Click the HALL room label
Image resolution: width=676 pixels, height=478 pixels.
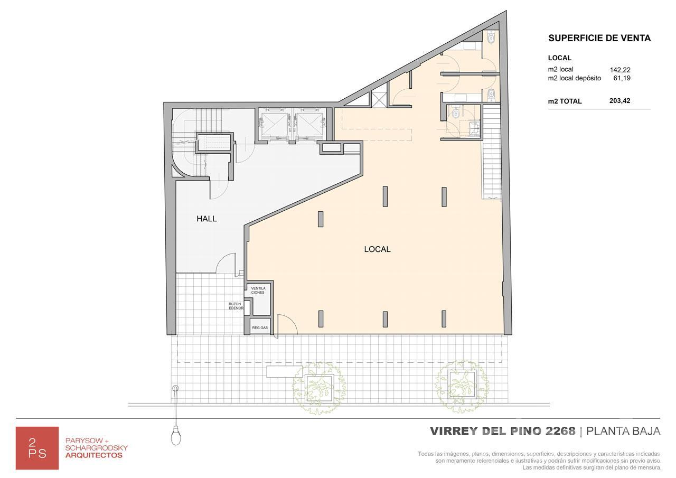(206, 219)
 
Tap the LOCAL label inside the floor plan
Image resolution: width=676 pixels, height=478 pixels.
(377, 249)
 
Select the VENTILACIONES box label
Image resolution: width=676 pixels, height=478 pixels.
(258, 290)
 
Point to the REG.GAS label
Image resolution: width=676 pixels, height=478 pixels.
(260, 327)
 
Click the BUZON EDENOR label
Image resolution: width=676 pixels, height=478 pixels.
(236, 306)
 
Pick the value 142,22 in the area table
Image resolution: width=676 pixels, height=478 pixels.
(620, 70)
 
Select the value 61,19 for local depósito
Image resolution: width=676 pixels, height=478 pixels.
(622, 78)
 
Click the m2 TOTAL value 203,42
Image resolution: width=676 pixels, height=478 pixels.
(619, 101)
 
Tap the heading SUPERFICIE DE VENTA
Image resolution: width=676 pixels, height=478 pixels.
(599, 38)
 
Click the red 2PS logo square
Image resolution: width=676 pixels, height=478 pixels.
(37, 448)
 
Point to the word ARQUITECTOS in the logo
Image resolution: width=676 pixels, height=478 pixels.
(94, 455)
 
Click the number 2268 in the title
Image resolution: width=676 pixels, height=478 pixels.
(560, 431)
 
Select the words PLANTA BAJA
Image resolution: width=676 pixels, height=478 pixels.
(623, 431)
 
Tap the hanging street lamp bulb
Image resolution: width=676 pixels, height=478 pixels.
(176, 437)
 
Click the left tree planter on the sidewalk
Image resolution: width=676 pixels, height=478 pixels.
(320, 388)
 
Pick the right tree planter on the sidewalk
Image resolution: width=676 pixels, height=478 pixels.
(462, 383)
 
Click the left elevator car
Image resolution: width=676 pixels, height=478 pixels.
(274, 125)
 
